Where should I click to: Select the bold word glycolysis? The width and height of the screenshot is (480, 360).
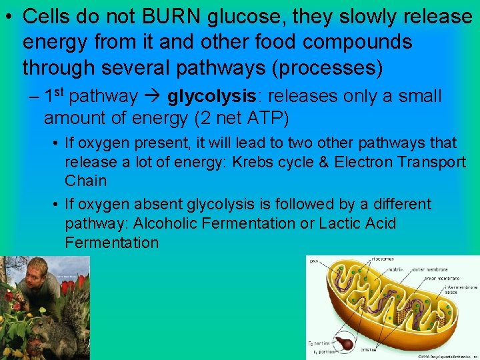pos(211,97)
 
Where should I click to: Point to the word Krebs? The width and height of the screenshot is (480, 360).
pos(252,161)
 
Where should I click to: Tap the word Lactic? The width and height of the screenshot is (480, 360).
pos(342,223)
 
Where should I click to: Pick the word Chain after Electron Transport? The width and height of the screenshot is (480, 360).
pos(85,181)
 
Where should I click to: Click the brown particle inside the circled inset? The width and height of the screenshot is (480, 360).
pos(345,342)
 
